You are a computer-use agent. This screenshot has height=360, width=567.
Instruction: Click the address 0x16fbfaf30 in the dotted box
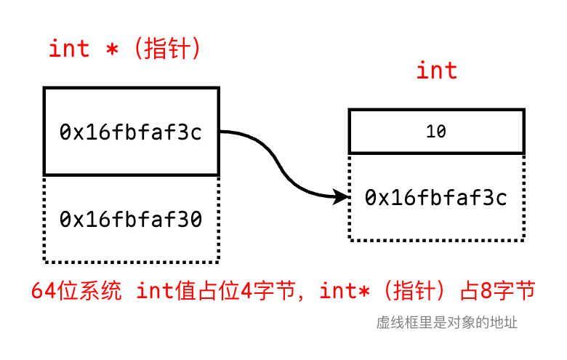tap(131, 219)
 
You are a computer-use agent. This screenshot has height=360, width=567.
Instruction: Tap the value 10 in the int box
tap(436, 132)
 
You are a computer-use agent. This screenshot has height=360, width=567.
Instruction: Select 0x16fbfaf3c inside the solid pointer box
tap(131, 132)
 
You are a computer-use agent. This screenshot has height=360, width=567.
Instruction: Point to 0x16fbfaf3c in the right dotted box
tap(436, 197)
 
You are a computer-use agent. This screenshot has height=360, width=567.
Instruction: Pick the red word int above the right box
tap(437, 71)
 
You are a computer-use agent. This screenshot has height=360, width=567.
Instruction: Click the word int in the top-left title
tap(69, 49)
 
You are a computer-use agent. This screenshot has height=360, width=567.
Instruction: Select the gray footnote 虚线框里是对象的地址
tap(447, 322)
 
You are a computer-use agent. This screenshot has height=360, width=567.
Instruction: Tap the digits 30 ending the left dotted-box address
tap(191, 219)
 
